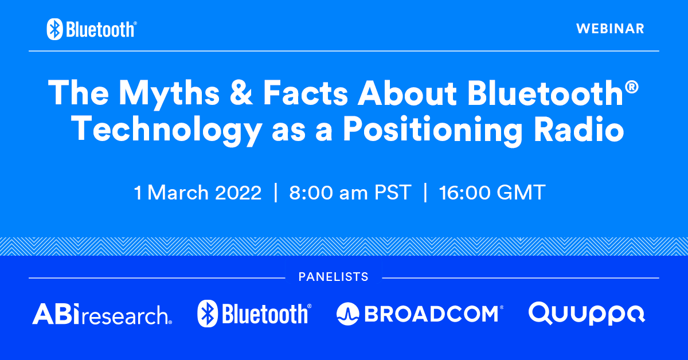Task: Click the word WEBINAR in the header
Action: (x=610, y=28)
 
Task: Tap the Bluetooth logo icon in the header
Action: (x=54, y=29)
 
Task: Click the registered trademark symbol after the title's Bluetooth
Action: (x=632, y=85)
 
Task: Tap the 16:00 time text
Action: (x=463, y=193)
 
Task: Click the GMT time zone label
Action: (x=521, y=193)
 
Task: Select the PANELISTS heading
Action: (x=333, y=277)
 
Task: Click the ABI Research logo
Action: (x=102, y=314)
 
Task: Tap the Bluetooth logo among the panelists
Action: (x=254, y=314)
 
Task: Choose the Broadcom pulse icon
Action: (x=347, y=314)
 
